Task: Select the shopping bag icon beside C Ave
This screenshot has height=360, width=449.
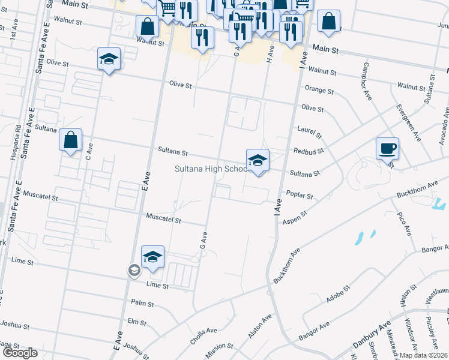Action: coord(71,140)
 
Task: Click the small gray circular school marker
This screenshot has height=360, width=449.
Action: coord(133,271)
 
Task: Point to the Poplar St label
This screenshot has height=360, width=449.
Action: coord(300,196)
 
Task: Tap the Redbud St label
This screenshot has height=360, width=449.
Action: coord(309,151)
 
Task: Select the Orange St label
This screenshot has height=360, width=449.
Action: coord(319,90)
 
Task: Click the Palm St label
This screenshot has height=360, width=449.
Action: coord(139,302)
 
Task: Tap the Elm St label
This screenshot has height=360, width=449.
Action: coord(137,322)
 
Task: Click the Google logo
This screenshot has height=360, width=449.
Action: coord(19,353)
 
